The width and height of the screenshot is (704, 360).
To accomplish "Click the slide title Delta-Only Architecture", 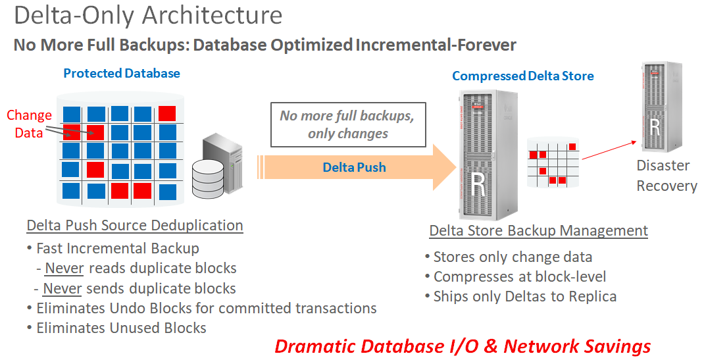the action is click(x=148, y=15).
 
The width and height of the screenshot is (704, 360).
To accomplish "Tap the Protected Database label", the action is click(x=122, y=73).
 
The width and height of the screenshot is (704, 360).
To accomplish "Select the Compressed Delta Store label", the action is click(x=523, y=76).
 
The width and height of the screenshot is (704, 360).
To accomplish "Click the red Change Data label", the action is click(x=29, y=124).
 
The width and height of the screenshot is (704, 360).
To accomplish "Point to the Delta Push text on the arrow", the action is click(x=354, y=167).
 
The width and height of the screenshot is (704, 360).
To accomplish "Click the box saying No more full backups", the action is click(x=348, y=125).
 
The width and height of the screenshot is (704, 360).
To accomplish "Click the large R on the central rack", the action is click(x=478, y=184).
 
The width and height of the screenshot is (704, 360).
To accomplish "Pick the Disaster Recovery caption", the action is click(x=666, y=176).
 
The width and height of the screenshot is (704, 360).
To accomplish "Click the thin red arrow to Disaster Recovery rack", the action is click(x=609, y=150).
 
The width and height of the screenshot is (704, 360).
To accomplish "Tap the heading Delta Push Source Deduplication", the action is click(x=135, y=225).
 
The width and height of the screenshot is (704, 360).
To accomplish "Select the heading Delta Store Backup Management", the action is click(x=539, y=231).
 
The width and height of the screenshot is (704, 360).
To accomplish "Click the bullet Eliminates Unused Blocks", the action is click(x=116, y=328).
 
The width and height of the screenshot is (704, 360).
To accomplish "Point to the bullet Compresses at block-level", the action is click(x=515, y=276).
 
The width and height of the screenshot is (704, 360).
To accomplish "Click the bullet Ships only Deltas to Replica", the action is click(x=521, y=296).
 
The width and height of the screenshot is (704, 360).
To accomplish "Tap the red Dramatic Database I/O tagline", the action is click(x=463, y=346).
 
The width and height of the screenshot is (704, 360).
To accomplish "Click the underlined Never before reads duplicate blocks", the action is click(x=64, y=268).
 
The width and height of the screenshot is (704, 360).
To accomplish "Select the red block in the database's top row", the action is click(x=167, y=114).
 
